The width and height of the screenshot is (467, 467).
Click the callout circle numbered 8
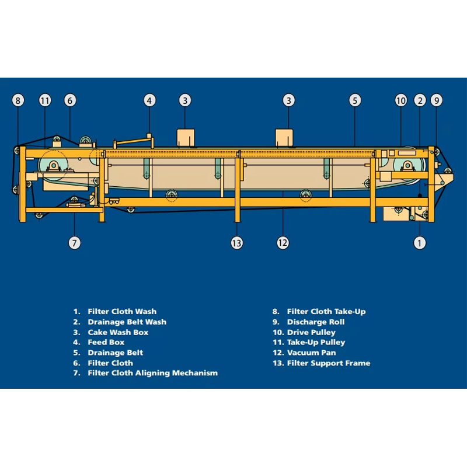pos(18,100)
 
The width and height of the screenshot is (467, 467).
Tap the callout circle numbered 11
pos(45,100)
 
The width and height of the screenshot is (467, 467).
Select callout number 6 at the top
pos(70,100)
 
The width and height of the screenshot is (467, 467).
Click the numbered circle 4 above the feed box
pos(149,100)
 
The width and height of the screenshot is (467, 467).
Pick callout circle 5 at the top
pos(355,100)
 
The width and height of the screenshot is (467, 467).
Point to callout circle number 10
pos(401,100)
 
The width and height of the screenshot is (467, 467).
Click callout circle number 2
pos(420,100)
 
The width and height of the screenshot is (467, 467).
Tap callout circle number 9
pos(437,100)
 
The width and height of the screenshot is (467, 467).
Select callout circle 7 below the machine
pos(75,243)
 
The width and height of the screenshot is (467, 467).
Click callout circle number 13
pos(237,243)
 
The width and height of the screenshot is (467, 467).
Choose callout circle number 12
pos(283,243)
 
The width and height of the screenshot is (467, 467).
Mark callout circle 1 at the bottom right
pos(420,243)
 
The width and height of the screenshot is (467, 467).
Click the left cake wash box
pos(186,138)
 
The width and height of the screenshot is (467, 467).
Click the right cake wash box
pos(284,138)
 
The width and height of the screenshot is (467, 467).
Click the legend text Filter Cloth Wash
pos(122,312)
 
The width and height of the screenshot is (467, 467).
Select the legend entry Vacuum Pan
pos(312,353)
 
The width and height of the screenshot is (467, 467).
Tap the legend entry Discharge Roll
pos(316,322)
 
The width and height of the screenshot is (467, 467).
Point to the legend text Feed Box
pos(106,342)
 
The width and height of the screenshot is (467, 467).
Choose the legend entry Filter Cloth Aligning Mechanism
pos(153,373)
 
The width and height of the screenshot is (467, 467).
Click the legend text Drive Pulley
pos(311,332)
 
